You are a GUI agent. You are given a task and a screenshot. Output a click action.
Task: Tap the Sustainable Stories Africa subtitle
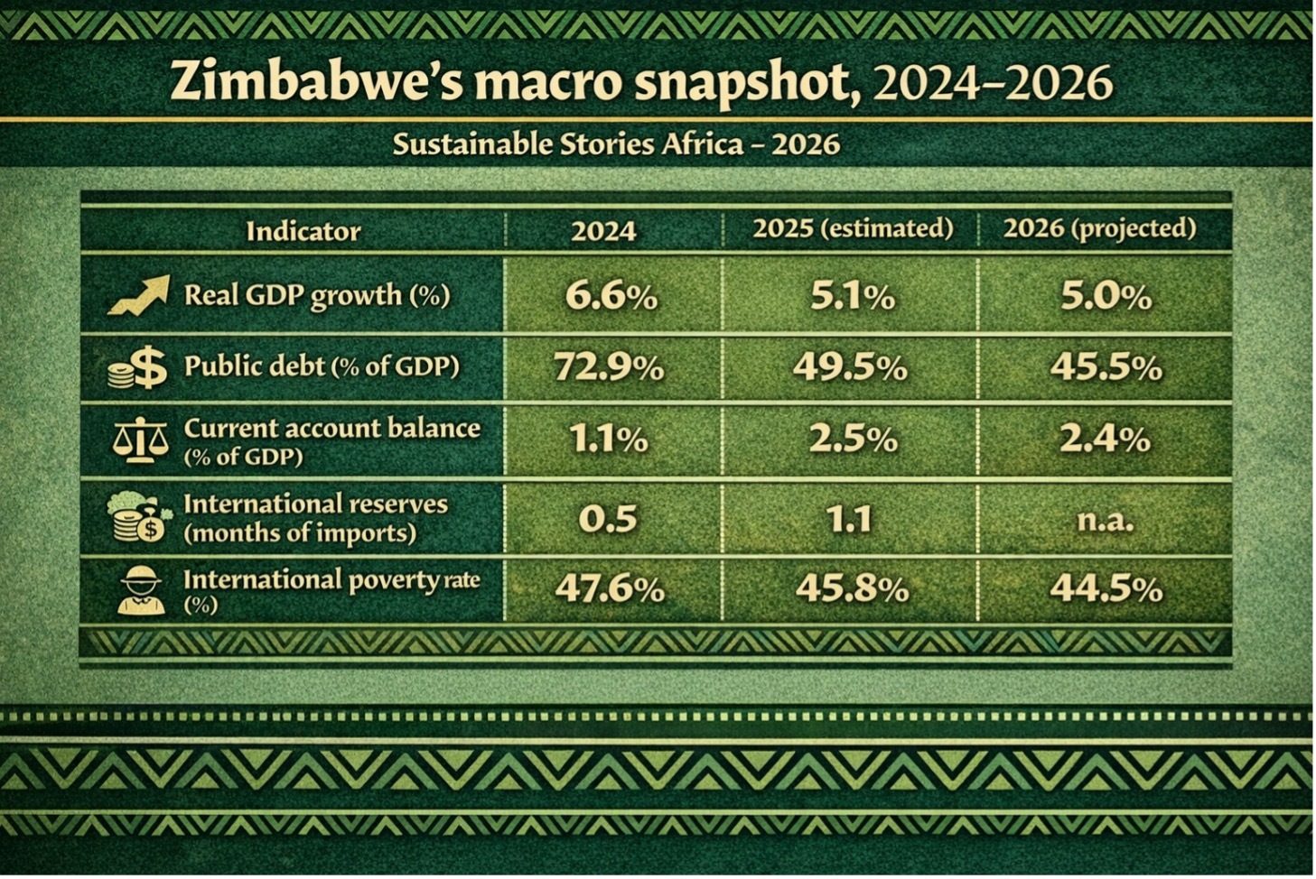[616, 144]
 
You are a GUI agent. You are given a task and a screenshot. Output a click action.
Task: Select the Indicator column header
[303, 232]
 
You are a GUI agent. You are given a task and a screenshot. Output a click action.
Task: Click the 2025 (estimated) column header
[853, 228]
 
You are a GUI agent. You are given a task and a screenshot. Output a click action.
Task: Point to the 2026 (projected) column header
[1099, 228]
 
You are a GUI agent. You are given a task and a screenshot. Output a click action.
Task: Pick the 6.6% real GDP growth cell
[611, 296]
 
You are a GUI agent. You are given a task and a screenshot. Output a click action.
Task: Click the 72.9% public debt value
[609, 367]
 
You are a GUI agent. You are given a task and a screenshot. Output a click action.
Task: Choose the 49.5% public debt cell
[850, 367]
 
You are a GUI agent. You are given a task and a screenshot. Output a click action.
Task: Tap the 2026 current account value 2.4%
[1106, 439]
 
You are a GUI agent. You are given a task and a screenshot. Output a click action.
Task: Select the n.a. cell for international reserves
[1106, 520]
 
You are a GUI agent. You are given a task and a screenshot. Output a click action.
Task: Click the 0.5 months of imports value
[608, 519]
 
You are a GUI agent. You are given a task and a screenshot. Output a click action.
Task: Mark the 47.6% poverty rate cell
[610, 588]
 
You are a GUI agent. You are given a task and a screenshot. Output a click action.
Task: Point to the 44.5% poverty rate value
[1106, 588]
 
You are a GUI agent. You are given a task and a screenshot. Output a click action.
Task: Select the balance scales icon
[140, 440]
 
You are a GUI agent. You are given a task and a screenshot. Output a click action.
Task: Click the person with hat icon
[142, 591]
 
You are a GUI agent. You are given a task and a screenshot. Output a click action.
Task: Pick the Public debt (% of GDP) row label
[322, 365]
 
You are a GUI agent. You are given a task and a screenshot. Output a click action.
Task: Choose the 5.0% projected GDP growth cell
[1106, 296]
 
